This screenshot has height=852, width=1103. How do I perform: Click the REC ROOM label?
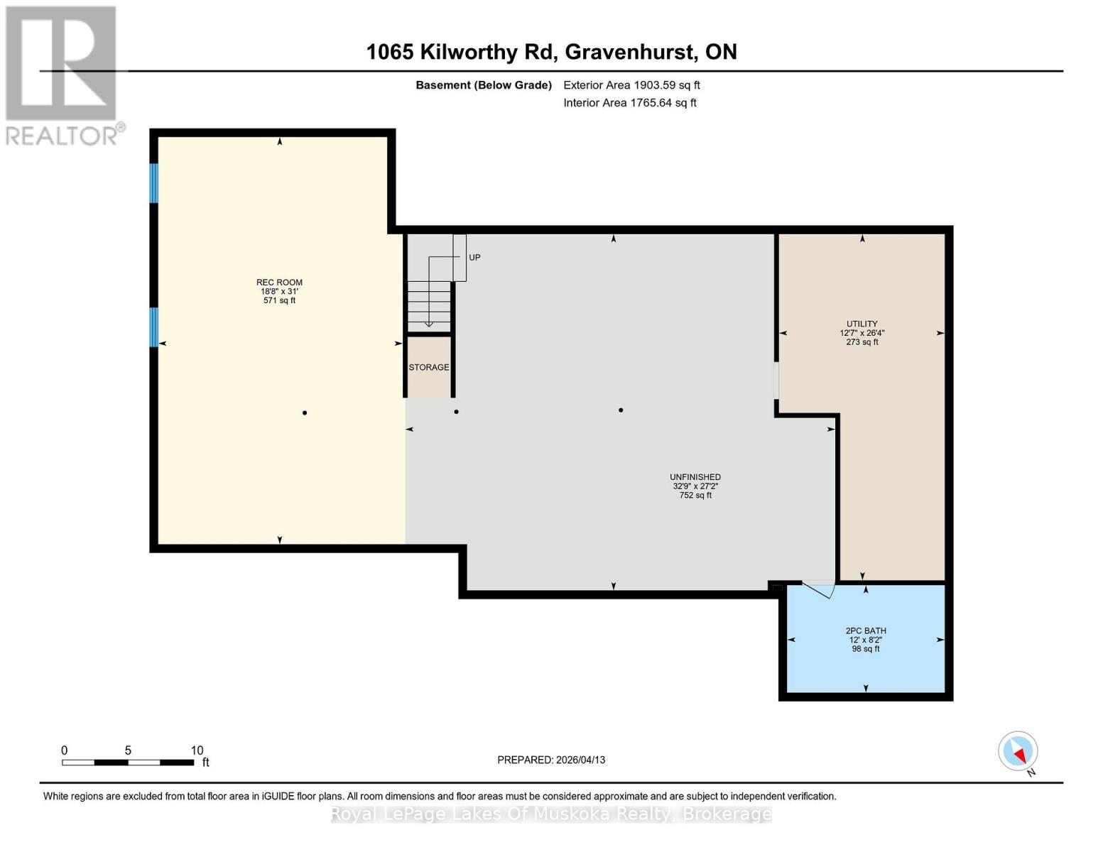279,282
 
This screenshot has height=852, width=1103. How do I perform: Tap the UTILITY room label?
862,324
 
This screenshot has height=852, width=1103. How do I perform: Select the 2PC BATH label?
865,630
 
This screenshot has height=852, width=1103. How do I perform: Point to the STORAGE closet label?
428,367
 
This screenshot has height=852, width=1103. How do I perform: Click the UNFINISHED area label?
695,477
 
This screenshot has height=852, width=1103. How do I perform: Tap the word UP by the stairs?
474,257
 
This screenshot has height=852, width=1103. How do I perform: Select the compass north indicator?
1018,752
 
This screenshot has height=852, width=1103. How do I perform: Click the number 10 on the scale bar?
197,750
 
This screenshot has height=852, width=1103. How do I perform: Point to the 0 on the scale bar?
65,750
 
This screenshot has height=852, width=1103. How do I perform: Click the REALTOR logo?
63,75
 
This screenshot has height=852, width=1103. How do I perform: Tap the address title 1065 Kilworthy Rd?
551,52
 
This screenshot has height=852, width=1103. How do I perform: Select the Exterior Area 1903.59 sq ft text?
631,85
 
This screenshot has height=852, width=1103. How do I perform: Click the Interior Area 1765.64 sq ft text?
629,103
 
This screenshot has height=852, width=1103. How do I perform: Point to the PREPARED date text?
551,760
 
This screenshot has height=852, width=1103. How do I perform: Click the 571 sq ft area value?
279,300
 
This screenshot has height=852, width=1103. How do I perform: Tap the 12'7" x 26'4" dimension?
862,333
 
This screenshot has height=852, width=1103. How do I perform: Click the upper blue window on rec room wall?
153,183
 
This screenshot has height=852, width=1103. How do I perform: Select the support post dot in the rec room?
305,413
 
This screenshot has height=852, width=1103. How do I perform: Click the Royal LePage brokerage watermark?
551,814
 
